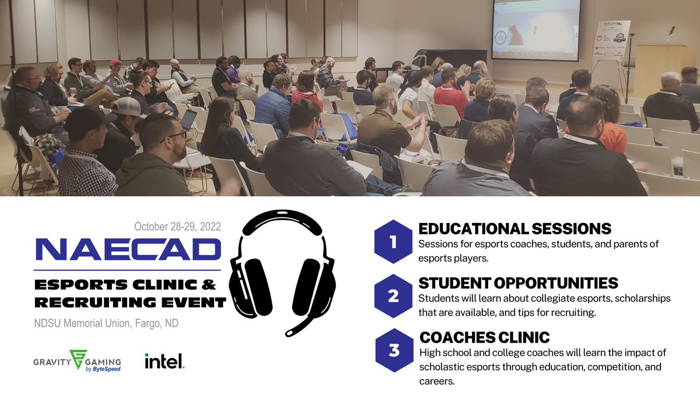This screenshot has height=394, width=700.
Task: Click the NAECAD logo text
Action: click(128, 250)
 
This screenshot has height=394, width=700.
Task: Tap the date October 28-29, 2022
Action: click(177, 226)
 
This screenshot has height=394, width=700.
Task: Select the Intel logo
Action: click(164, 361)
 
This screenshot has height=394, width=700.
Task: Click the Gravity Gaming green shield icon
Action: click(77, 358)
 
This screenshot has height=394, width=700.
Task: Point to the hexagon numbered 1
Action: click(393, 242)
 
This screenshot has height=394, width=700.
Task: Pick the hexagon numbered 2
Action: click(393, 296)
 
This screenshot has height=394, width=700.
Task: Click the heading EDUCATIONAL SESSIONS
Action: click(514, 228)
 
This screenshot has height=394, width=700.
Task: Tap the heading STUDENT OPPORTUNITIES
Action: click(518, 283)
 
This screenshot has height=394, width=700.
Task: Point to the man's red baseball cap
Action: click(116, 62)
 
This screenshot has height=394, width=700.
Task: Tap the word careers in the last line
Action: click(436, 381)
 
